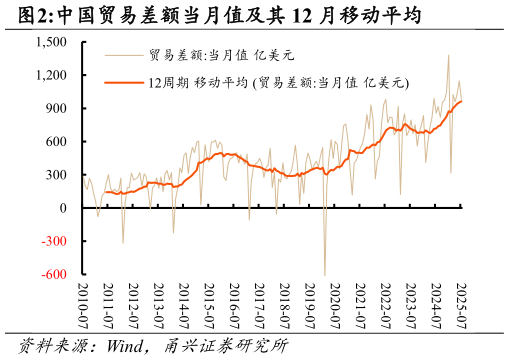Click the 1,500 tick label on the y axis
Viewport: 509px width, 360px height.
point(51,42)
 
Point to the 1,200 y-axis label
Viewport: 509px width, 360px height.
point(51,75)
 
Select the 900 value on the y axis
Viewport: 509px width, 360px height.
point(56,108)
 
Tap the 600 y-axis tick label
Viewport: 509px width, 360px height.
point(56,141)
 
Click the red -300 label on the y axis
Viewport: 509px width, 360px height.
point(54,241)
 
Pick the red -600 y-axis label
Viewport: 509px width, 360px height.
point(54,274)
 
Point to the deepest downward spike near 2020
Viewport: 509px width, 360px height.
point(324,274)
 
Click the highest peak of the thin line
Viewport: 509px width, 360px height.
point(448,55)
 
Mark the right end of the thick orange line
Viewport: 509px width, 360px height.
point(461,101)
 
